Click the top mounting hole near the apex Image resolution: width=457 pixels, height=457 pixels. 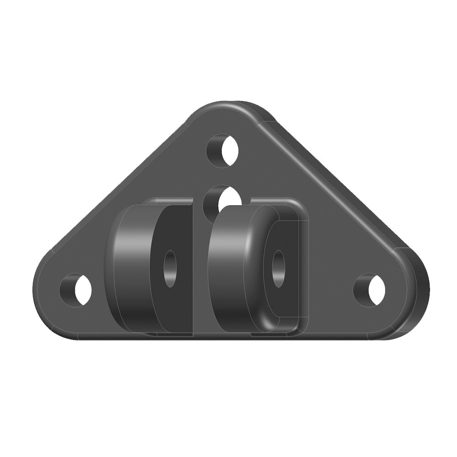(224, 149)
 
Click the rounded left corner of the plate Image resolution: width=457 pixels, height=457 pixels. (43, 283)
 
